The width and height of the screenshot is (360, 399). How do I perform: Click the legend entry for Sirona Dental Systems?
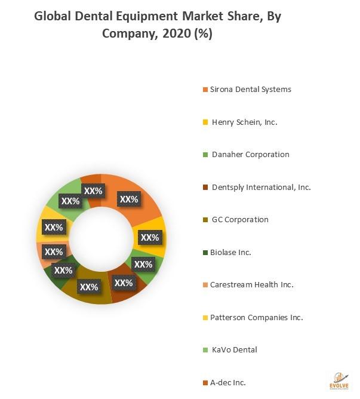[250, 90]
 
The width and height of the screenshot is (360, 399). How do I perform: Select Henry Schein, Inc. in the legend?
[244, 122]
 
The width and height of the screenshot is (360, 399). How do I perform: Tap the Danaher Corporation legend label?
[250, 154]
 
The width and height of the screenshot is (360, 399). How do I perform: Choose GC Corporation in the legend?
[239, 219]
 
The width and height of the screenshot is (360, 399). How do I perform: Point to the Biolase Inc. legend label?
[230, 252]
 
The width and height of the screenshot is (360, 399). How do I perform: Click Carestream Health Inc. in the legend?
[251, 285]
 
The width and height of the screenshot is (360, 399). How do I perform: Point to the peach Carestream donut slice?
[43, 253]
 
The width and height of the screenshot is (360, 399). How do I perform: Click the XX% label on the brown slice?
[123, 283]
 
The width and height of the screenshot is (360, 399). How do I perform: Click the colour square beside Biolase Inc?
[205, 253]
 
